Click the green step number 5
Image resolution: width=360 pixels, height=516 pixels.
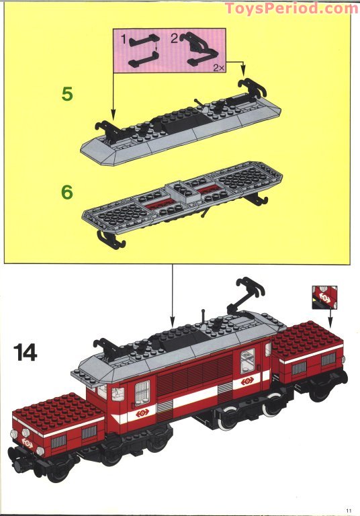66,93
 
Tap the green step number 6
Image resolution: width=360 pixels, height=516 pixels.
66,191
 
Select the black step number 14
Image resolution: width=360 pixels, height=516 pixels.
24,351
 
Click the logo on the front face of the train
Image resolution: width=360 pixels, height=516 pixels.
28,443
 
